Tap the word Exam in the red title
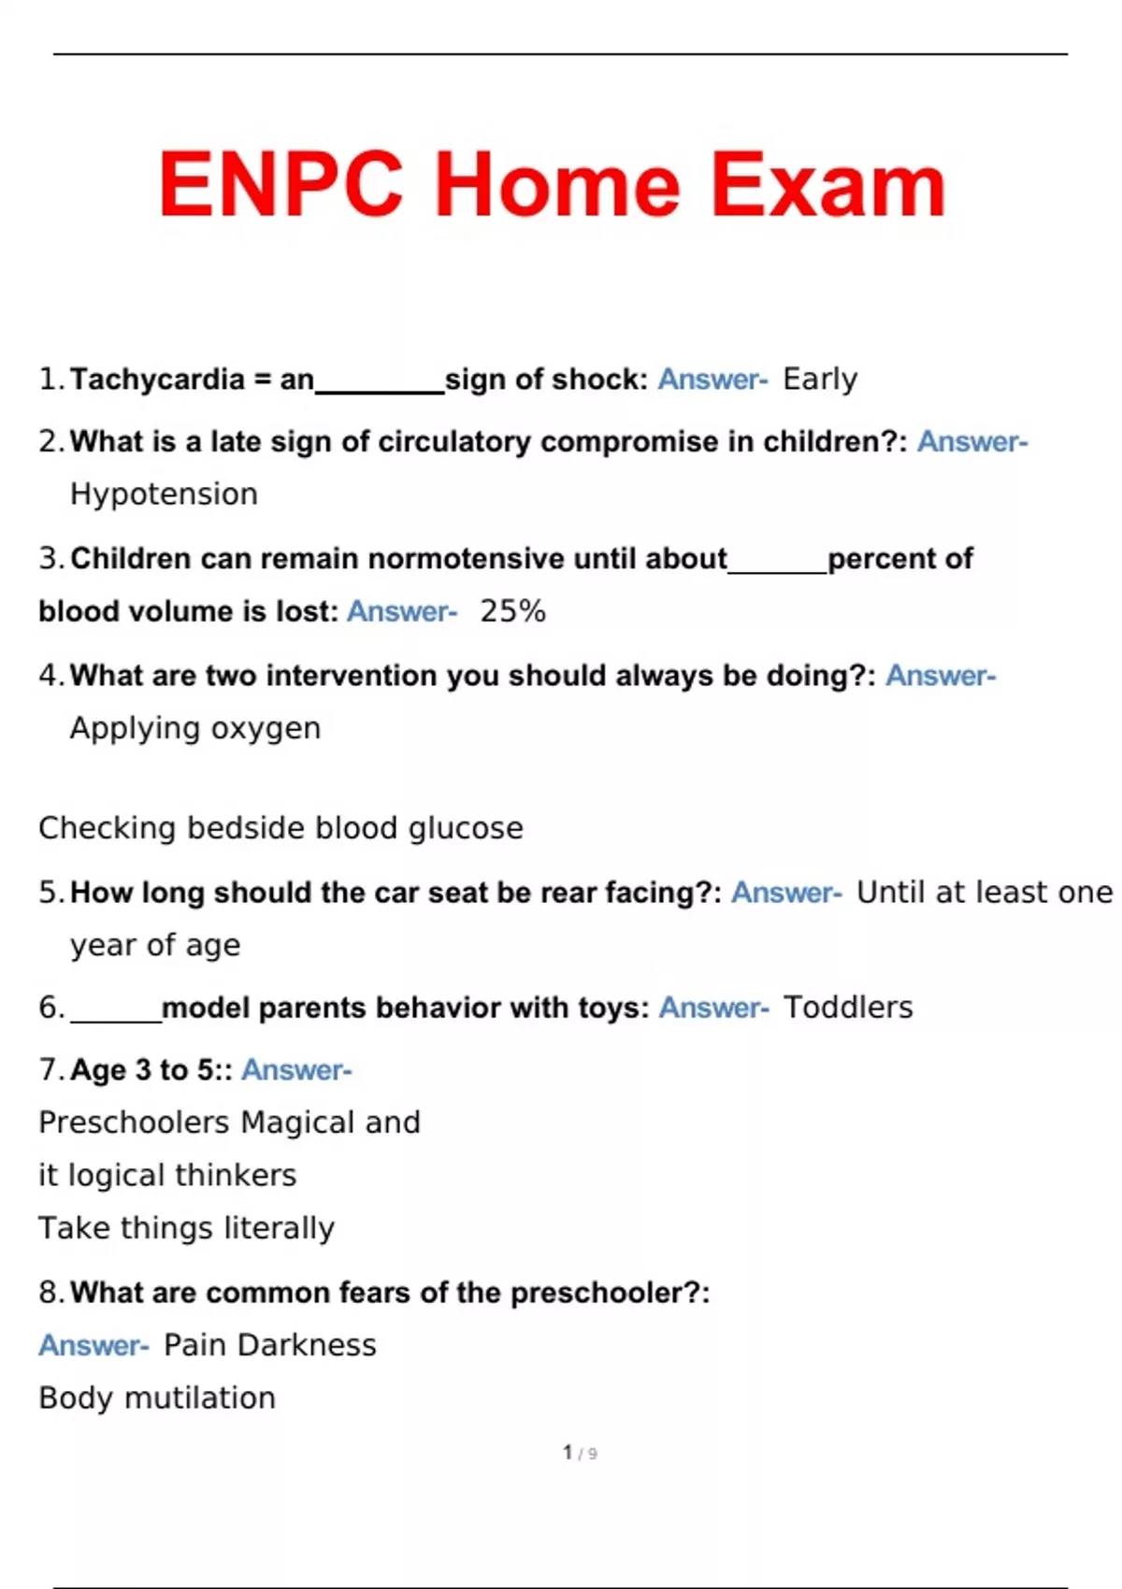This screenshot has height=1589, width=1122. [x=828, y=185]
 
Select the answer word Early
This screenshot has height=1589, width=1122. [x=820, y=379]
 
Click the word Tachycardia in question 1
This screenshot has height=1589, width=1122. [x=157, y=379]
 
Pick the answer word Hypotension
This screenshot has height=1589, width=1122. [x=164, y=494]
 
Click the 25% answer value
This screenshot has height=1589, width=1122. [x=512, y=611]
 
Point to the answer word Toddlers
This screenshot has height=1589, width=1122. [x=848, y=1008]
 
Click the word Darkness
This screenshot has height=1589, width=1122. [x=307, y=1345]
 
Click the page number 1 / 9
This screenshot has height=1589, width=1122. [x=580, y=1453]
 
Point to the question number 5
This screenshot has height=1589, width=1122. [x=49, y=893]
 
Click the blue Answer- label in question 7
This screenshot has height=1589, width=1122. [x=296, y=1070]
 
